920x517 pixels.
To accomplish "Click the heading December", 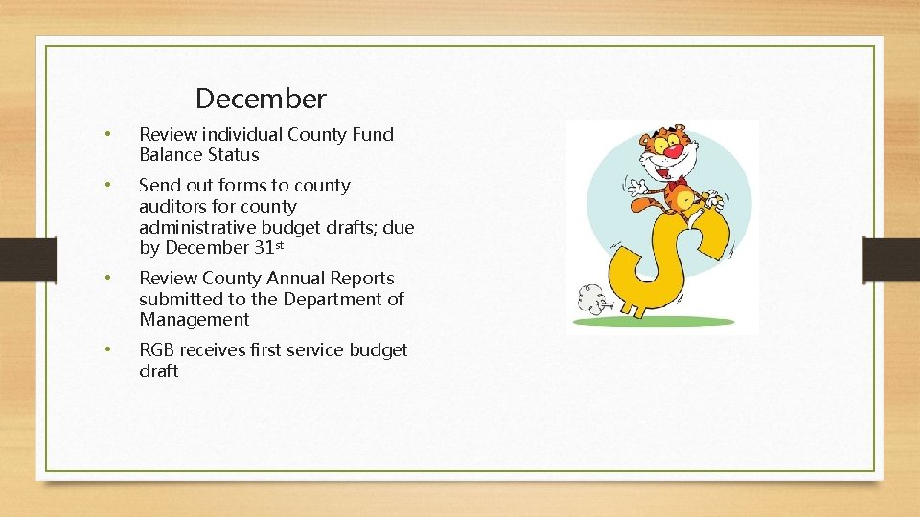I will pyautogui.click(x=261, y=99).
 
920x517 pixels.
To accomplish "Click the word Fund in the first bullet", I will pyautogui.click(x=374, y=134).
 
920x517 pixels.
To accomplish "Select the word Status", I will pyautogui.click(x=228, y=155).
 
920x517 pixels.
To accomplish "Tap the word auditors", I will pyautogui.click(x=172, y=206).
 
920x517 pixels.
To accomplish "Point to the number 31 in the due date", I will pyautogui.click(x=264, y=248).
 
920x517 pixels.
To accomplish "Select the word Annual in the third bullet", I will pyautogui.click(x=296, y=279).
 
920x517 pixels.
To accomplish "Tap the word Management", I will pyautogui.click(x=194, y=320).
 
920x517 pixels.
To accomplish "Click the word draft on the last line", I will pyautogui.click(x=159, y=371).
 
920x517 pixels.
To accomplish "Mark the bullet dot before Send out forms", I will pyautogui.click(x=110, y=186).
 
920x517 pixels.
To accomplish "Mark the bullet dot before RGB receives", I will pyautogui.click(x=110, y=350).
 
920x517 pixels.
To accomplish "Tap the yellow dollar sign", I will pyautogui.click(x=661, y=258).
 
